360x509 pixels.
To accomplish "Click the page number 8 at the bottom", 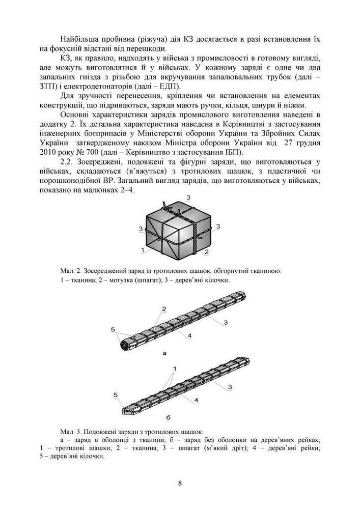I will point(180,483).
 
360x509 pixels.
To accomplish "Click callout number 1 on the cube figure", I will point(144,250).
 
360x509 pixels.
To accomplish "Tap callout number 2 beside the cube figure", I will point(206,251).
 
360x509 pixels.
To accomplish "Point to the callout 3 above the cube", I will point(188,197).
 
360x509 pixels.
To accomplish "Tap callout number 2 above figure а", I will point(164,309).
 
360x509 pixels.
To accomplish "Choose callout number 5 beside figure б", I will point(116,394).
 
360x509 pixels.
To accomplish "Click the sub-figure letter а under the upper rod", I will point(163,352).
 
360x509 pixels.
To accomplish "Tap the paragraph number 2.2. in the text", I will point(69,162).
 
